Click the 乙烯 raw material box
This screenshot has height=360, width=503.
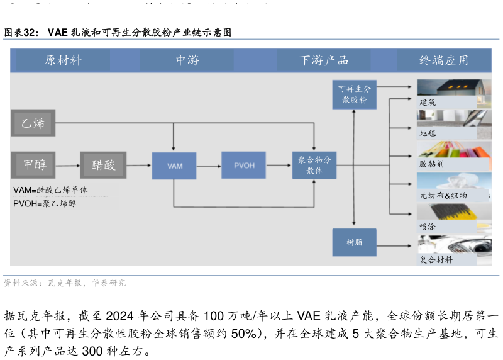point(33,123)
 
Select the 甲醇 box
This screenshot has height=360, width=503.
point(33,165)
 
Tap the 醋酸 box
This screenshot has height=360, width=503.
point(103,165)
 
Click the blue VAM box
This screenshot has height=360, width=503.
point(174,166)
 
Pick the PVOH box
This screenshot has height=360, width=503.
point(243,165)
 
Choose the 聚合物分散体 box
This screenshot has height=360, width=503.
point(314,165)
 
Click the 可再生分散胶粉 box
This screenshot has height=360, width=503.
point(355,94)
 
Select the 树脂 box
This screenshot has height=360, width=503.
point(355,242)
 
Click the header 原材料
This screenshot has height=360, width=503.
point(64,60)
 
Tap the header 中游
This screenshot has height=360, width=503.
point(187,60)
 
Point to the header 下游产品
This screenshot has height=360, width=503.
point(324,60)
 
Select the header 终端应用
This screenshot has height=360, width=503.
point(444,60)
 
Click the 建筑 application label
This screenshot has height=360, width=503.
point(428,102)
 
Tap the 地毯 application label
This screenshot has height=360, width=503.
point(428,133)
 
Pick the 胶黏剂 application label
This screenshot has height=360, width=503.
point(431,164)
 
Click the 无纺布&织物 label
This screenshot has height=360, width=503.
point(443,195)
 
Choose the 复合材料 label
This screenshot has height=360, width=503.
point(436,259)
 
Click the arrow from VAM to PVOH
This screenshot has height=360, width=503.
point(209,166)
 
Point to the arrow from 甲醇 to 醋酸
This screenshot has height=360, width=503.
point(68,166)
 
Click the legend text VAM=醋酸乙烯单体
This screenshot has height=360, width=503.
point(50,189)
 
